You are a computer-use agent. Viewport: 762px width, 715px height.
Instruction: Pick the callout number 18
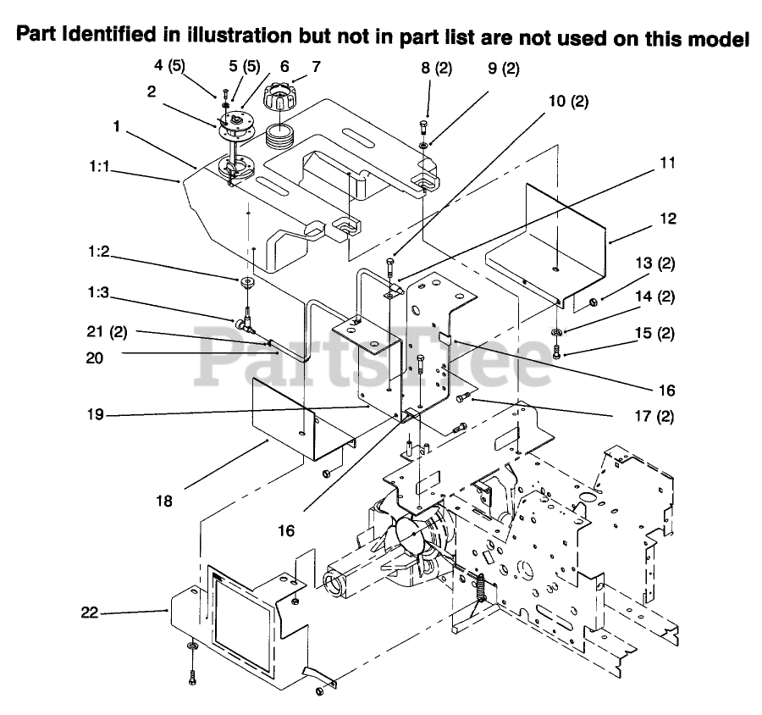coord(164,501)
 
